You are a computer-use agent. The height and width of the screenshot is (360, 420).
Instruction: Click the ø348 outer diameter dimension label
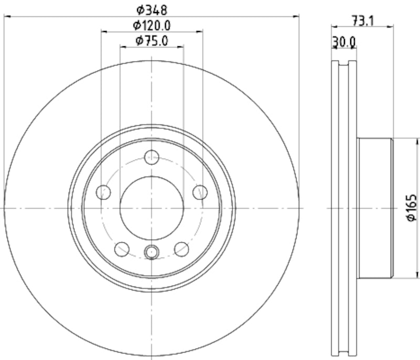pos(152,9)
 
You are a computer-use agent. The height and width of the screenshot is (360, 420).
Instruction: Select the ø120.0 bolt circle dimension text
pos(152,25)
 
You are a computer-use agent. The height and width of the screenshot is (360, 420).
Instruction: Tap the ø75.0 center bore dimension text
pos(152,40)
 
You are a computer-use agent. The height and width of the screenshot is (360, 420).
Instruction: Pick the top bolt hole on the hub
pos(152,157)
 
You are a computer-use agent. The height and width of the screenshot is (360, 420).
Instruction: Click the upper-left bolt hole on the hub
pos(104,192)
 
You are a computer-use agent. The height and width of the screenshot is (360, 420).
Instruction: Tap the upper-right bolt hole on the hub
pos(199,192)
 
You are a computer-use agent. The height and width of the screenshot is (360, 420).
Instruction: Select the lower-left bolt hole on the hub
pos(122,248)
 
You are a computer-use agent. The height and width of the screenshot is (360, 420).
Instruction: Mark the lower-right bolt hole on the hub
pos(182,248)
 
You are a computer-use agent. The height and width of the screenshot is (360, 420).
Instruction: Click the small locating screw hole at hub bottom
pos(152,252)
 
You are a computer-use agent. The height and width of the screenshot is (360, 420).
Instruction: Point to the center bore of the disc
pos(152,208)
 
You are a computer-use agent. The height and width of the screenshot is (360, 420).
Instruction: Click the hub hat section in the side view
pos(374,208)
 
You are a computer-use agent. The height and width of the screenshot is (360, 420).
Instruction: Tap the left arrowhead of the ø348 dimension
pos(7,17)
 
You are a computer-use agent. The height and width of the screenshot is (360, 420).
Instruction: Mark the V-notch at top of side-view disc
pos(344,64)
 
